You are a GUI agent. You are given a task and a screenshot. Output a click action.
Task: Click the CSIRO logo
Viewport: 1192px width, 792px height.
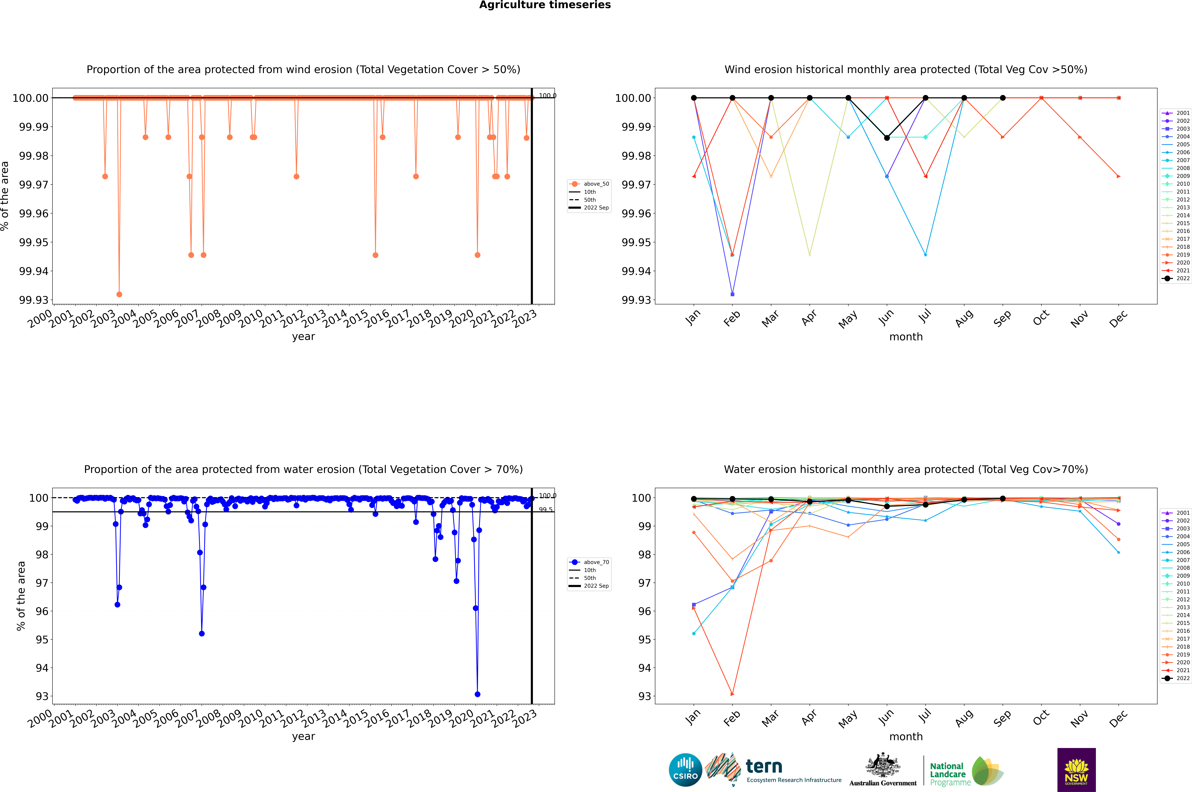click(685, 770)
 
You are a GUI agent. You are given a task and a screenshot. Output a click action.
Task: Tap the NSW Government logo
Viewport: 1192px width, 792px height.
click(1076, 770)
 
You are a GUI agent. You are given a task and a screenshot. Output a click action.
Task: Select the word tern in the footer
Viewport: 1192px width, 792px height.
click(764, 767)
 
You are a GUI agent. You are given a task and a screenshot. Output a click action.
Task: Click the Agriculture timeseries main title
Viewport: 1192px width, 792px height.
click(545, 5)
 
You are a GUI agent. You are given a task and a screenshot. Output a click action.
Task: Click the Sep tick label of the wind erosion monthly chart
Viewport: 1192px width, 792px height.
click(1003, 318)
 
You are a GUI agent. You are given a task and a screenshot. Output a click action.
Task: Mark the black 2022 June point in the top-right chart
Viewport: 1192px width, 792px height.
click(887, 138)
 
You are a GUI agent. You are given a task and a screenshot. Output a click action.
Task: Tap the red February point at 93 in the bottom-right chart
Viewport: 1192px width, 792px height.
click(732, 694)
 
